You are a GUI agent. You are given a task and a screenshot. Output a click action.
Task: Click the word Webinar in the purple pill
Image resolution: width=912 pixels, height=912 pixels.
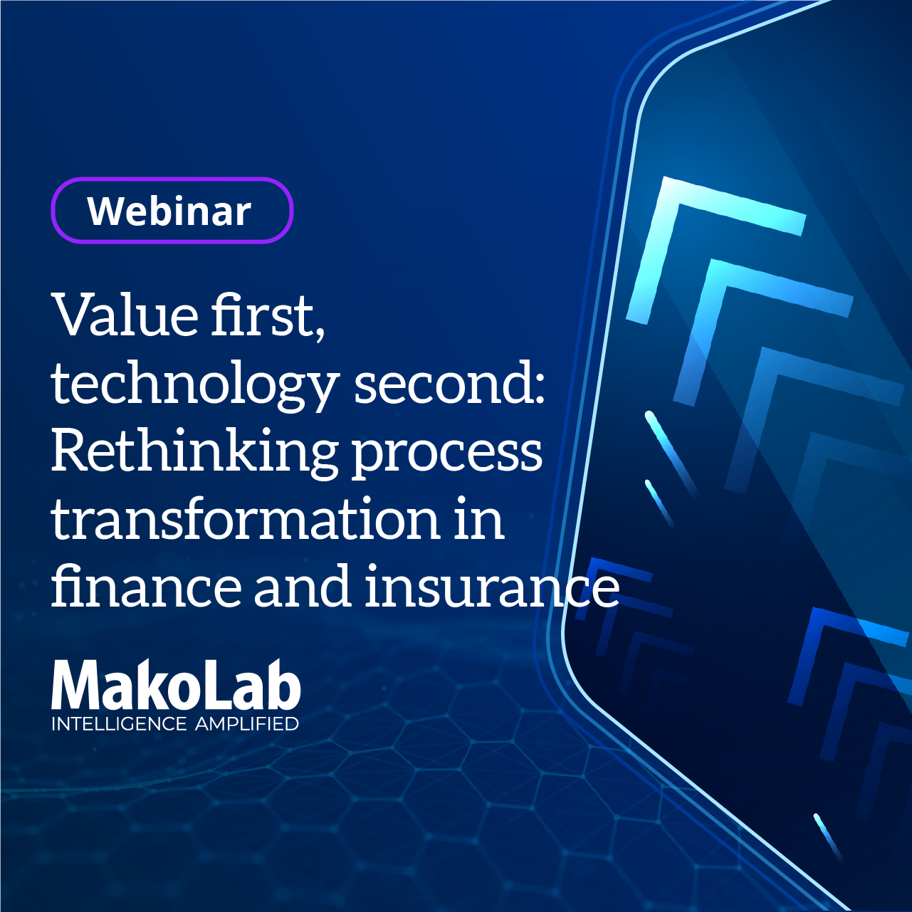coord(169,211)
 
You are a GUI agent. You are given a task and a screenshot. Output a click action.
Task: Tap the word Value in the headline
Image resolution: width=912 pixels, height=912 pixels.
coord(126,315)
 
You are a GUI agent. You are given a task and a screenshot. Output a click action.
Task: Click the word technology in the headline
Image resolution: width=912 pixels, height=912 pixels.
coord(196,384)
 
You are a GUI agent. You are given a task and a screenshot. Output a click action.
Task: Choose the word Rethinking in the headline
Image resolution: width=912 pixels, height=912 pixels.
coord(195,452)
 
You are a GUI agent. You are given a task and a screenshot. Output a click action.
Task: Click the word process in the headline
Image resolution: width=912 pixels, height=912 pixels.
coord(447,456)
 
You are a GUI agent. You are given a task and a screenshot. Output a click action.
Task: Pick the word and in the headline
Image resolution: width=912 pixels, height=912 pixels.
coord(303,585)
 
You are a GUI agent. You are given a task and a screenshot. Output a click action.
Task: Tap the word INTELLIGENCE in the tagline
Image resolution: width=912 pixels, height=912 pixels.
coord(119,724)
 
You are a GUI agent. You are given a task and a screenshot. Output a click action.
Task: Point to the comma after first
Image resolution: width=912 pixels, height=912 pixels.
coord(320,328)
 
